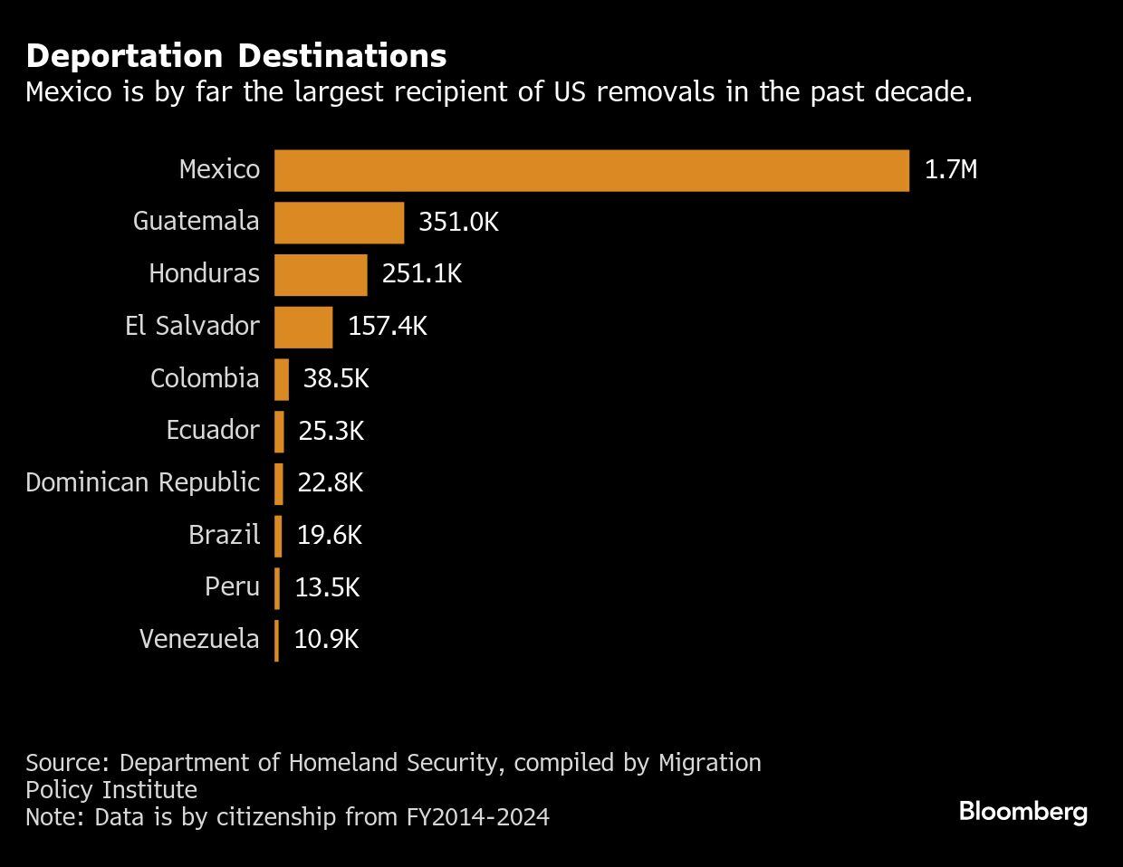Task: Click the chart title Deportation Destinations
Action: click(235, 56)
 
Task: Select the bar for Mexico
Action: click(590, 170)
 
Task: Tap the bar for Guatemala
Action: click(339, 223)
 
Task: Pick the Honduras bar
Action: click(321, 274)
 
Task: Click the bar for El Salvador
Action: click(303, 327)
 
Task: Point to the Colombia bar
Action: click(282, 379)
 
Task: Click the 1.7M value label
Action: click(950, 170)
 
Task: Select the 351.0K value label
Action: click(458, 223)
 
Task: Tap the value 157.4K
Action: click(387, 327)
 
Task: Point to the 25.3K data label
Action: click(331, 431)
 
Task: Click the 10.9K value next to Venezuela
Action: click(326, 640)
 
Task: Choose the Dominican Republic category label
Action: click(142, 482)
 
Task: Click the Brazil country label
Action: click(224, 535)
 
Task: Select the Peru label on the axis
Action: click(232, 587)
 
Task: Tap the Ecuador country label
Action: click(212, 430)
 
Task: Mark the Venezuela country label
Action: click(199, 640)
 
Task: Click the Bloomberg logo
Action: click(1022, 811)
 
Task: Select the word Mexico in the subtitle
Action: click(69, 92)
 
